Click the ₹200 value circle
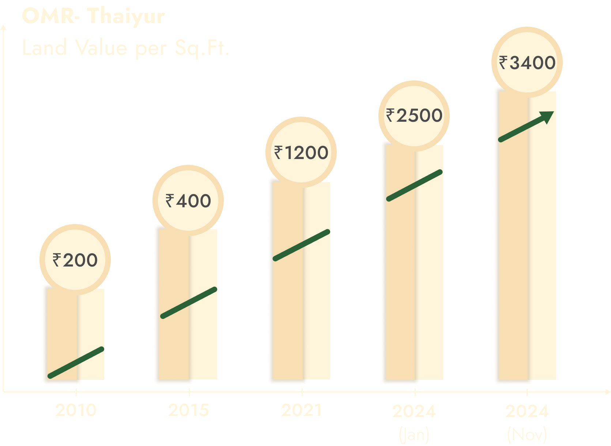click(x=75, y=260)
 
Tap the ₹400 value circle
click(x=188, y=200)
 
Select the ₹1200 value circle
click(x=301, y=152)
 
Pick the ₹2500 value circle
click(x=414, y=116)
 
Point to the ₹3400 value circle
click(x=527, y=62)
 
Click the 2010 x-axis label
click(x=76, y=410)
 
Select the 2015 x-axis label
click(x=189, y=410)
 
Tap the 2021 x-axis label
click(x=302, y=410)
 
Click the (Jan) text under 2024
click(x=414, y=434)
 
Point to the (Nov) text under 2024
click(x=527, y=434)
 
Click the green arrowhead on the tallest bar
click(x=547, y=117)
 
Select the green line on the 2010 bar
click(x=76, y=363)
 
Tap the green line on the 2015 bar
click(x=189, y=303)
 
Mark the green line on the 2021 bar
click(x=302, y=245)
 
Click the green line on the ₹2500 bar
click(x=415, y=185)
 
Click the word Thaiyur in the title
click(x=126, y=16)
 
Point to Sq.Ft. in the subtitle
click(x=202, y=48)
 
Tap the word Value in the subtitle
click(x=101, y=48)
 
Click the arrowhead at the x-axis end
click(x=607, y=392)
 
